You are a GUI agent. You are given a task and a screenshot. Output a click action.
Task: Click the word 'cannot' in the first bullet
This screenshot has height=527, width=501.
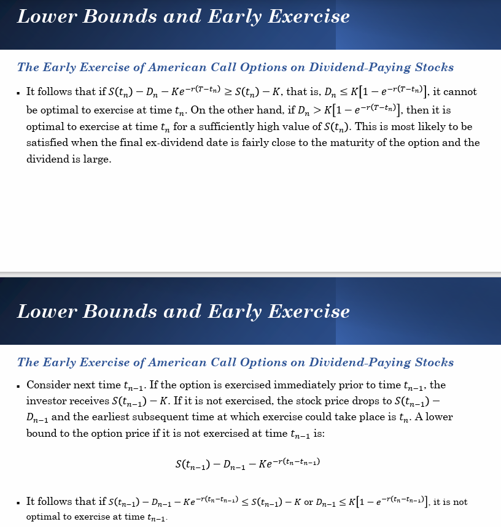pyautogui.click(x=460, y=92)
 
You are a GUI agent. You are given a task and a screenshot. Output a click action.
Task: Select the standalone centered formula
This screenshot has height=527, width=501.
pyautogui.click(x=247, y=464)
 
